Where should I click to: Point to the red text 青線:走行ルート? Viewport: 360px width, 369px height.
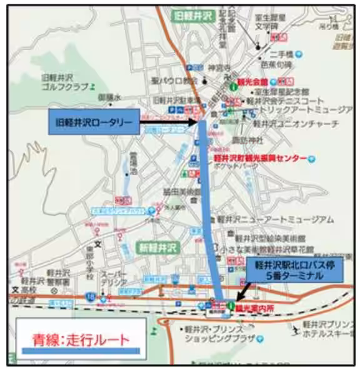81,340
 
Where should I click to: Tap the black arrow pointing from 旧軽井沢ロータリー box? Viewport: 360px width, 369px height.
169,123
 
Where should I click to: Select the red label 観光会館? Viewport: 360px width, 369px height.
252,82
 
